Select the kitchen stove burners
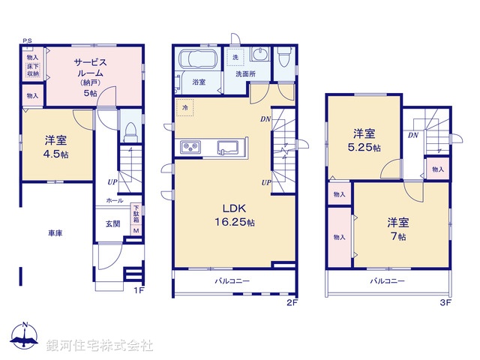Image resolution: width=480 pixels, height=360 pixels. tap(188, 146)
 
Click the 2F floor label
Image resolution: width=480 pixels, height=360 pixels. tap(292, 302)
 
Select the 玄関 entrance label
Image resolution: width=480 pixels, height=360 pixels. tap(112, 223)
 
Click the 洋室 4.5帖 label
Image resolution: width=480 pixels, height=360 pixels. tap(53, 146)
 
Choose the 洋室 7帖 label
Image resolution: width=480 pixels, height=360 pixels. tap(397, 229)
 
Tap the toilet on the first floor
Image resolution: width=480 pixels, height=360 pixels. tap(129, 133)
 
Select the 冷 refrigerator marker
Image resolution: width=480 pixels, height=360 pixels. tap(185, 109)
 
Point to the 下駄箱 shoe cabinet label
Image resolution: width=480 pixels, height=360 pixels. tap(136, 216)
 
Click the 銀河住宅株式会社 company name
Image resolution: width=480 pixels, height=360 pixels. tap(100, 346)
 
